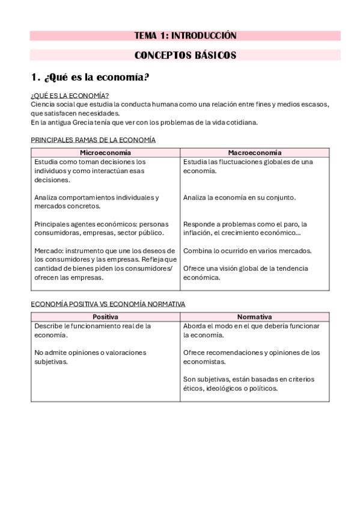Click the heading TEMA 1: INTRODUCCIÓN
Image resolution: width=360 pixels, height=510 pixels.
(185, 36)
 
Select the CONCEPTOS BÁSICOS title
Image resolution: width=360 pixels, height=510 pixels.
(185, 55)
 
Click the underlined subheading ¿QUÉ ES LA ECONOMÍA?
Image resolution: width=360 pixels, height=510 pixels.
(69, 96)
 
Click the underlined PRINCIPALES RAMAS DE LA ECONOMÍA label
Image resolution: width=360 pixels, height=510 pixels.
(93, 140)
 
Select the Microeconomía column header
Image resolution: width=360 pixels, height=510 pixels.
(105, 153)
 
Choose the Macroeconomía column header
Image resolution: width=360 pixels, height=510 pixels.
(254, 153)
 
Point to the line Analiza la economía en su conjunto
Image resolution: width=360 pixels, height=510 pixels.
(239, 197)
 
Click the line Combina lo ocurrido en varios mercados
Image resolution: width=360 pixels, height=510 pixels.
(247, 250)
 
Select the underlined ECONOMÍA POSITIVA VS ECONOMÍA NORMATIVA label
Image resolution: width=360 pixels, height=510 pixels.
(108, 304)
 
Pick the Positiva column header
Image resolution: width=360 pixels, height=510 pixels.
(105, 317)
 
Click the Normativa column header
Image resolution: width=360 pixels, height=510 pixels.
(254, 317)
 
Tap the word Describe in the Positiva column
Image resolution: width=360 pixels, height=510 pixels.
(49, 326)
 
